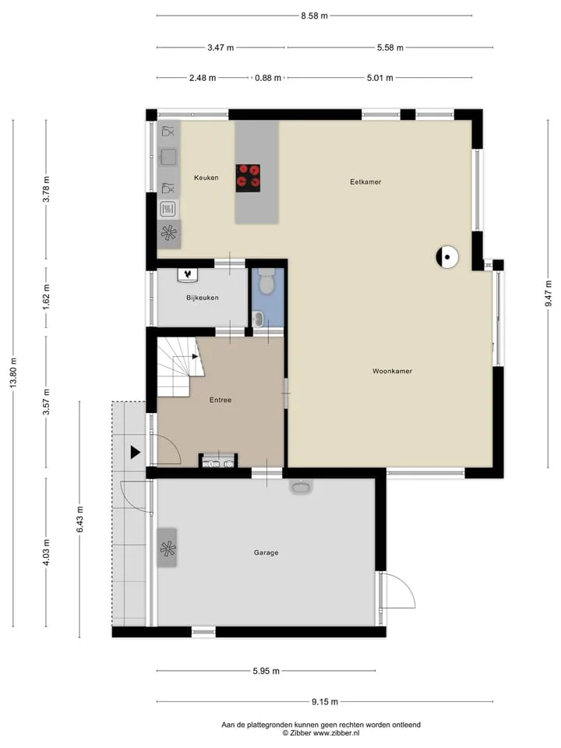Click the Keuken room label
206,178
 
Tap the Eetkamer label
365,182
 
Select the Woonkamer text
392,371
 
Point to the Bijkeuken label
203,298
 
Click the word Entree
221,400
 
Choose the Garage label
266,552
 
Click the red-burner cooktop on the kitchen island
248,178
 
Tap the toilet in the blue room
266,280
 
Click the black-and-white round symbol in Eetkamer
447,257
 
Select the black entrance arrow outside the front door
136,452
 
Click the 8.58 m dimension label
314,16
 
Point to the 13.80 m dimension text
13,372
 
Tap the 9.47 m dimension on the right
549,294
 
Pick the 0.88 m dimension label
267,78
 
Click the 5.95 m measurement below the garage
266,671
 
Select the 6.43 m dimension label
80,520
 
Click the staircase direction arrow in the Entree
195,356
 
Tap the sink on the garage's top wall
301,486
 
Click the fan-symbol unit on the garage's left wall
168,548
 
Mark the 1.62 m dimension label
46,297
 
